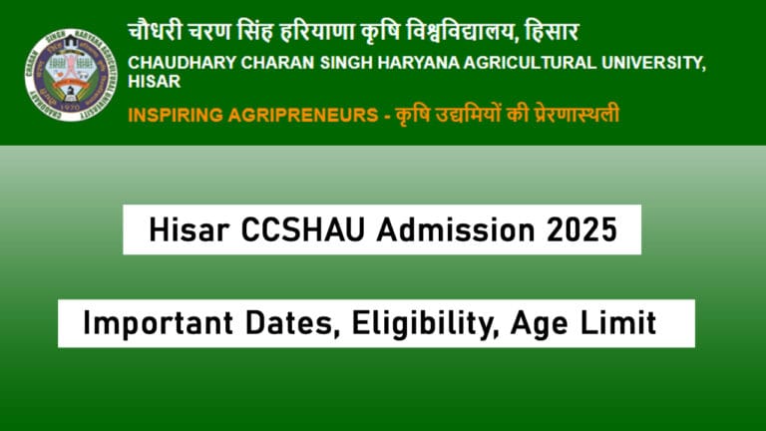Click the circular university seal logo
coord(71,74)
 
